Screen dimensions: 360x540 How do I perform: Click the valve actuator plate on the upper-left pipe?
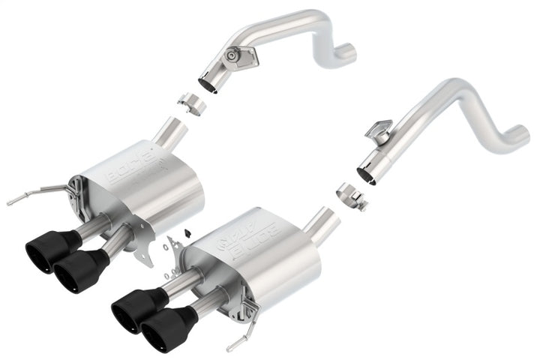pos(237,55)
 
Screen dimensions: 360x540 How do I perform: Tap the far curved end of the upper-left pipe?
pos(346,52)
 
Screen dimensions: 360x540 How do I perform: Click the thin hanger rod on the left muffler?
pos(34,193)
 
